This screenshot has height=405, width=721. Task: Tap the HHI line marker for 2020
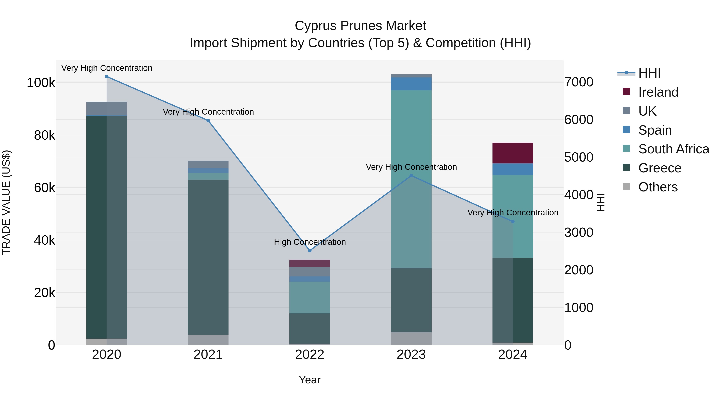pyautogui.click(x=107, y=77)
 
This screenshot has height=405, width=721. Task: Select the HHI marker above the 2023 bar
pyautogui.click(x=411, y=176)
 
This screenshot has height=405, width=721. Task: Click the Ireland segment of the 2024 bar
pyautogui.click(x=513, y=153)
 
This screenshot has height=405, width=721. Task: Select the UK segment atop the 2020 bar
pyautogui.click(x=107, y=108)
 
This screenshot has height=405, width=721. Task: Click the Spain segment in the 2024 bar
pyautogui.click(x=513, y=169)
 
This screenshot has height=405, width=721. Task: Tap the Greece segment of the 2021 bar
pyautogui.click(x=208, y=257)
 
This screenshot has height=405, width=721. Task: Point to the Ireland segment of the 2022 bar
pyautogui.click(x=310, y=263)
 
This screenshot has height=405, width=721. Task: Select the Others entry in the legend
pyautogui.click(x=658, y=187)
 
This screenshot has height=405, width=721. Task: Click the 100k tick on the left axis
pyautogui.click(x=41, y=83)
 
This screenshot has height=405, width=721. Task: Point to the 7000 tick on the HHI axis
pyautogui.click(x=579, y=82)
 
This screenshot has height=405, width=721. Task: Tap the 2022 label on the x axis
pyautogui.click(x=310, y=355)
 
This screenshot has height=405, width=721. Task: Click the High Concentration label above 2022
pyautogui.click(x=310, y=242)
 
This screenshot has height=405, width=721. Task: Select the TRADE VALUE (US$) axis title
pyautogui.click(x=6, y=202)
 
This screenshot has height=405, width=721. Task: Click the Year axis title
pyautogui.click(x=310, y=380)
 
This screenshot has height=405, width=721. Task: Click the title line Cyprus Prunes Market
pyautogui.click(x=360, y=26)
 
